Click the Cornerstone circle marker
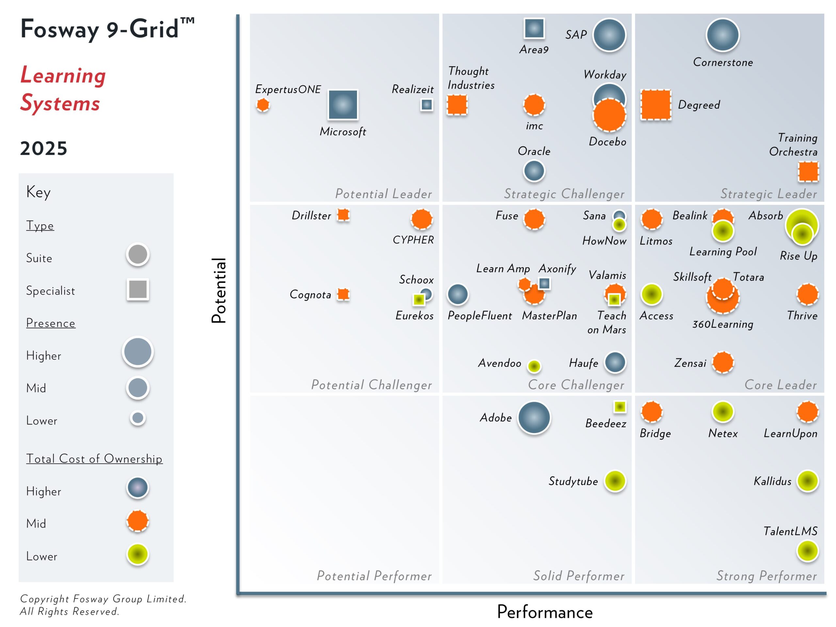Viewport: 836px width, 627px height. (722, 35)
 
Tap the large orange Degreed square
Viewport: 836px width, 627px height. (656, 105)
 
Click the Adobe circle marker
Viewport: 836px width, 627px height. (534, 418)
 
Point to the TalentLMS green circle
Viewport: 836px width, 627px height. (807, 551)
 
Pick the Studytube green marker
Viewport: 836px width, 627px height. (615, 481)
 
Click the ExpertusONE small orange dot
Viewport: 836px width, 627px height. (263, 105)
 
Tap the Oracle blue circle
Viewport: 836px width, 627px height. (534, 171)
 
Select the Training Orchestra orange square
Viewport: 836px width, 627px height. (808, 171)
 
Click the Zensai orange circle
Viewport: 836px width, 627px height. (723, 362)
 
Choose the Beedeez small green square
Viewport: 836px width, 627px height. (619, 407)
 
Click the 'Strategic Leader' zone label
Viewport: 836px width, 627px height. (768, 194)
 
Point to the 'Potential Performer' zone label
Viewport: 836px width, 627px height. (374, 576)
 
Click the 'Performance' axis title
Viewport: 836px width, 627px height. (545, 612)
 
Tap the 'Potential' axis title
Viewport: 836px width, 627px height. (219, 290)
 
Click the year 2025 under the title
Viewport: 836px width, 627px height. (43, 148)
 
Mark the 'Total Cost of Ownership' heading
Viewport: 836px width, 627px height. (94, 458)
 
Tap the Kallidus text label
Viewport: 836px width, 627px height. (772, 481)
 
